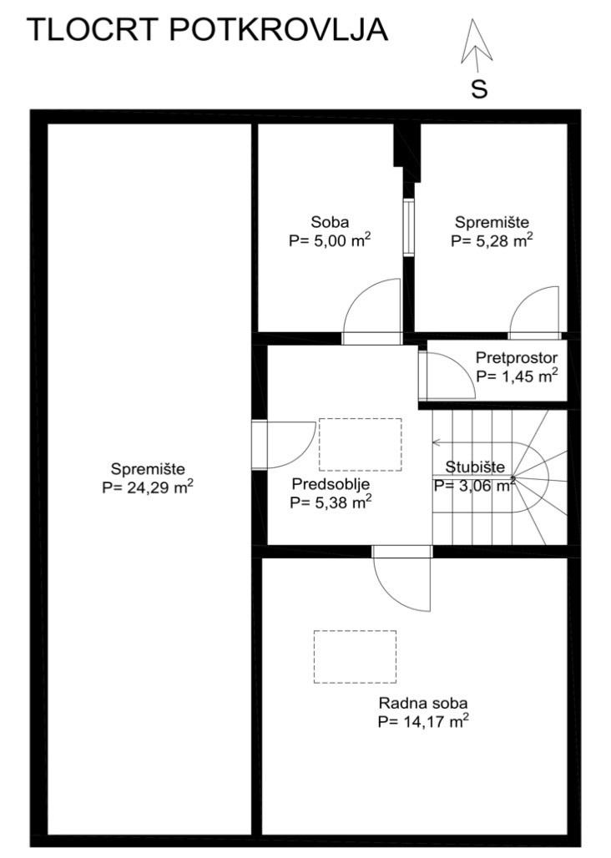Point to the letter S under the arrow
click(x=479, y=89)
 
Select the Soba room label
click(x=330, y=222)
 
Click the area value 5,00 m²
click(x=331, y=240)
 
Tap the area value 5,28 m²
click(x=492, y=240)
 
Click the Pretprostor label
click(x=517, y=358)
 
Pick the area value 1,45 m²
click(x=517, y=376)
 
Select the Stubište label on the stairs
click(x=475, y=467)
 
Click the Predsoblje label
click(x=331, y=484)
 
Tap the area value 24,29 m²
click(x=148, y=487)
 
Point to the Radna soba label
click(x=423, y=703)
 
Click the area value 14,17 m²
click(x=423, y=721)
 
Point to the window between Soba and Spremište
click(x=409, y=227)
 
